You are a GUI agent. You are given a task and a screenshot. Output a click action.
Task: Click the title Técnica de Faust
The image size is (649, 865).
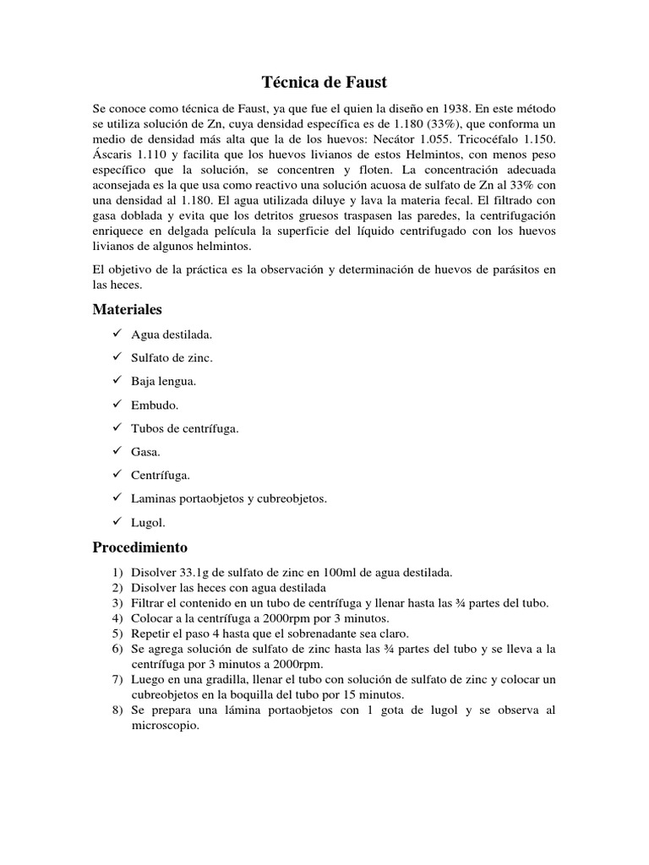click(x=324, y=83)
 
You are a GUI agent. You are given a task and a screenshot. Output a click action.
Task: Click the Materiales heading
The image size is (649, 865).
click(x=127, y=310)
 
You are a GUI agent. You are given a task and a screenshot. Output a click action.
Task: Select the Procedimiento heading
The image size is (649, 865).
click(x=139, y=547)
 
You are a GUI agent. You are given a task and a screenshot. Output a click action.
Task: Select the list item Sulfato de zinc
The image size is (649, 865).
click(x=172, y=357)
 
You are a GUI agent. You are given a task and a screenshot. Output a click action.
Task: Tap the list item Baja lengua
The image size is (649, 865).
click(x=163, y=381)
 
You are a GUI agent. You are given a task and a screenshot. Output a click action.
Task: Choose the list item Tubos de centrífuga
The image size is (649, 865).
click(x=184, y=428)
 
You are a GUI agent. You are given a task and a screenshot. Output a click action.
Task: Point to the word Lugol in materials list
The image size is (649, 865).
click(x=147, y=522)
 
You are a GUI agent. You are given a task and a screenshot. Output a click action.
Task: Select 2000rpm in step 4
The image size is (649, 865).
click(x=264, y=618)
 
